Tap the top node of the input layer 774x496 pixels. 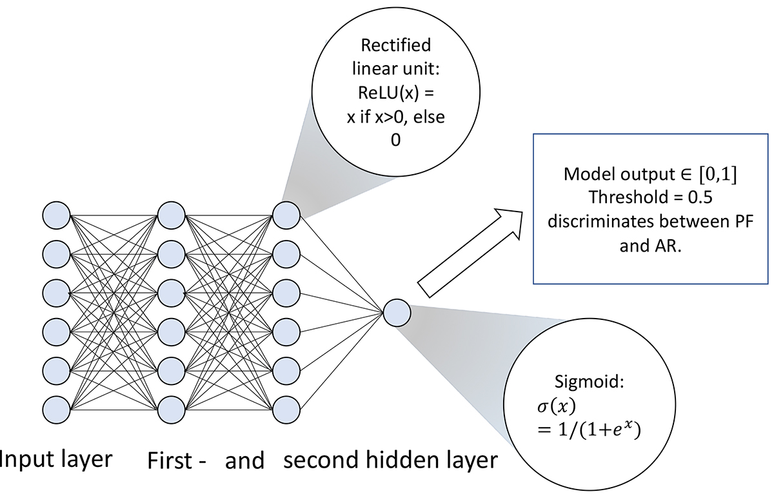click(57, 215)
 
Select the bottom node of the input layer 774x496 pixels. click(57, 408)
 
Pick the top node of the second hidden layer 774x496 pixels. click(286, 215)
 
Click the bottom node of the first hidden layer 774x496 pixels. click(172, 408)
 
